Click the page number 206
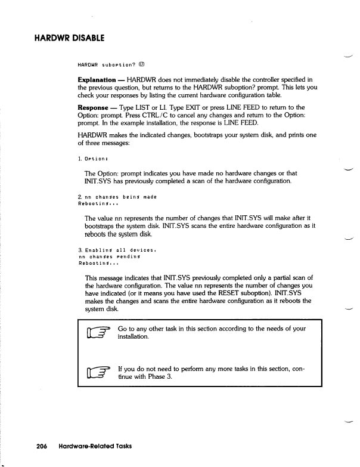(41, 446)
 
